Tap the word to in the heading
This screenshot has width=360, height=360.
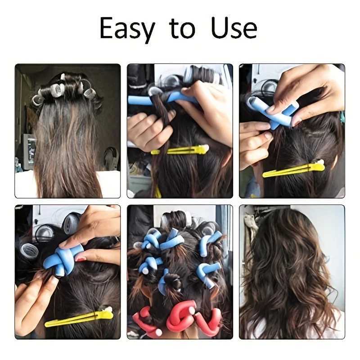point(182,28)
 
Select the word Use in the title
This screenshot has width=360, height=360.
point(234,28)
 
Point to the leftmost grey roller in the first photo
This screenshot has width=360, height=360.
point(37,99)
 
